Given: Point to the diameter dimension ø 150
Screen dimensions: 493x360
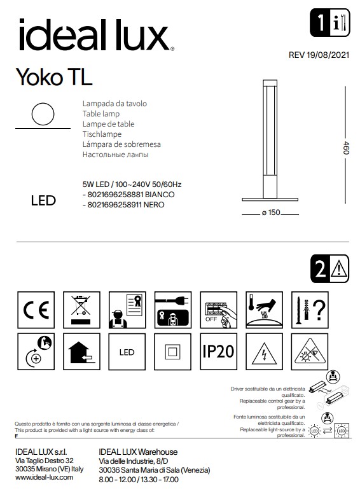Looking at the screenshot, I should (x=271, y=212).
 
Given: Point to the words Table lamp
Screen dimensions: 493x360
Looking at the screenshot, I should (x=97, y=113).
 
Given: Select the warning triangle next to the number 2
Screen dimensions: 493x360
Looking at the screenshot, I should (x=338, y=270).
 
